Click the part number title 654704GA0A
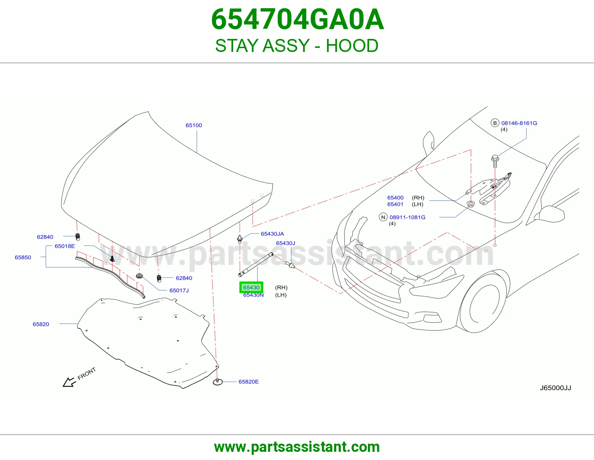[297, 19]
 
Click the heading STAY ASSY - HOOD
[297, 46]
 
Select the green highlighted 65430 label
[251, 287]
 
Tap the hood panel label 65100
[194, 125]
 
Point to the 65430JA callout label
[272, 234]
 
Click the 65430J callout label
[285, 243]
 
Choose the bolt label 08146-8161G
[519, 123]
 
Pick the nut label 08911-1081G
[407, 217]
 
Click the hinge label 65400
[395, 197]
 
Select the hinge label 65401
[395, 204]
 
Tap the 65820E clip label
[248, 382]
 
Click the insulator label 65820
[41, 324]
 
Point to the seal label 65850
[23, 257]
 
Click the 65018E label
[65, 246]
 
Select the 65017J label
[179, 290]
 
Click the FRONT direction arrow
[69, 382]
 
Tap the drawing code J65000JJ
[555, 388]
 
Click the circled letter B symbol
[495, 123]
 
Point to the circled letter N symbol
[383, 217]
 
